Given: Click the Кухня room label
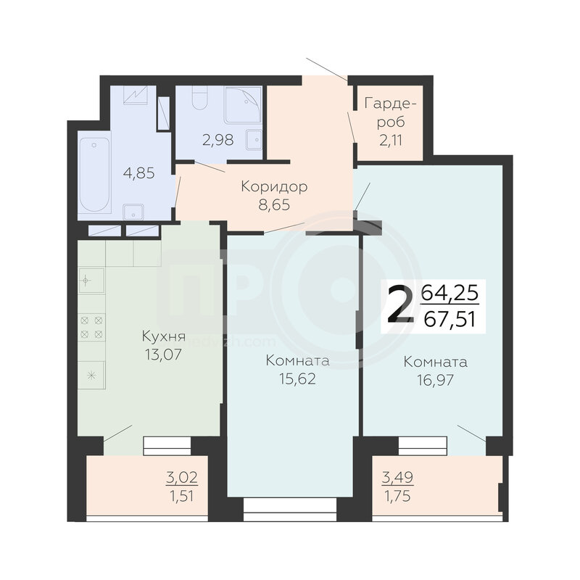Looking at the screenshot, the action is click(164, 337).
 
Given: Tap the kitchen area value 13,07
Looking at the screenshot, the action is click(164, 355).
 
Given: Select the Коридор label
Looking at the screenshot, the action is click(274, 187).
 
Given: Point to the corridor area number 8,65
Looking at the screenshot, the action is click(274, 204).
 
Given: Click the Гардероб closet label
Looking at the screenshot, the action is click(391, 112).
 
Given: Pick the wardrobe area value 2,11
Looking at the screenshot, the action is click(391, 141).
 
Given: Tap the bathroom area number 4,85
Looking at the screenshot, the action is click(138, 173).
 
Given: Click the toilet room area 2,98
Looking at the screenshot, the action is click(218, 140).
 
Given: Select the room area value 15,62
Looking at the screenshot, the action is click(298, 379).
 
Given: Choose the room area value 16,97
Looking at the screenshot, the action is click(436, 380).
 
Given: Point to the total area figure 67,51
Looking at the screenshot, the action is click(449, 319).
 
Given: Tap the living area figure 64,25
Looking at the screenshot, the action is click(449, 294).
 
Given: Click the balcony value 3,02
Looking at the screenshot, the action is click(182, 478).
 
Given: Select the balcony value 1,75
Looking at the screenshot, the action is click(397, 496).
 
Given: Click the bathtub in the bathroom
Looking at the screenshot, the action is click(94, 175).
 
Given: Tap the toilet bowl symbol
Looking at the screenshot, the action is click(200, 98).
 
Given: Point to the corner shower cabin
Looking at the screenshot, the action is click(243, 105).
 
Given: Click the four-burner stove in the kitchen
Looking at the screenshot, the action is click(91, 328).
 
